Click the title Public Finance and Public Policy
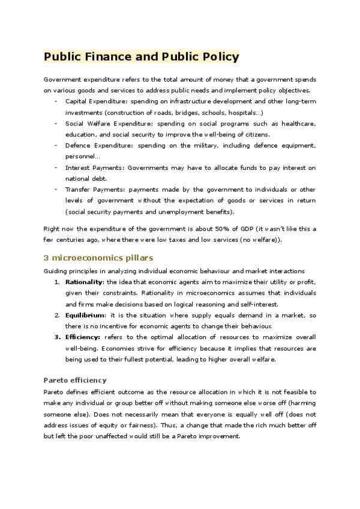coord(142,57)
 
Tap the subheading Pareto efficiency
coord(75,380)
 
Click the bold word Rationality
coord(84,282)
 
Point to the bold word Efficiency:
coord(83,337)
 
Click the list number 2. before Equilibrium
coord(57,315)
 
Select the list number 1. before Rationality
coord(57,282)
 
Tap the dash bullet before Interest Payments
coord(56,167)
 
